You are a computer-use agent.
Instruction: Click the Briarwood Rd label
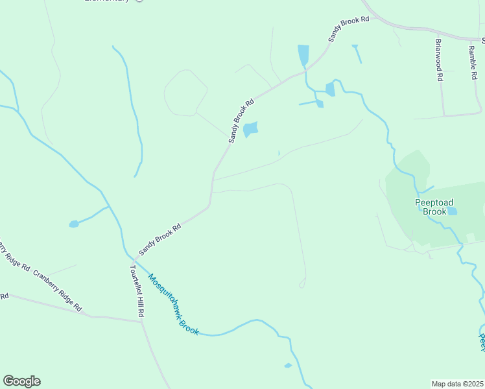(439, 59)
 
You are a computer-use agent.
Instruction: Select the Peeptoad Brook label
(431, 207)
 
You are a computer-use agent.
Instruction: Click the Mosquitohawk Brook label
(172, 304)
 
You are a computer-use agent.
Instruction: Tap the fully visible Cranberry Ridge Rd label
(58, 290)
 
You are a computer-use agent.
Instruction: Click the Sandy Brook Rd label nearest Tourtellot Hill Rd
(159, 241)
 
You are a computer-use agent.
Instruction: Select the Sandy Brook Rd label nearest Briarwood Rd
(348, 29)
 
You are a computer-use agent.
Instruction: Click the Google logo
(21, 381)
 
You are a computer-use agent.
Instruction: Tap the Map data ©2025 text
(457, 383)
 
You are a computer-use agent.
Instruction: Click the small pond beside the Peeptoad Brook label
(452, 211)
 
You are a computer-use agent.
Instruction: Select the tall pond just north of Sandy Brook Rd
(303, 55)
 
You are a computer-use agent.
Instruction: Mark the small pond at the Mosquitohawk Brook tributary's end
(74, 224)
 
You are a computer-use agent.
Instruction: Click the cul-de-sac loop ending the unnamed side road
(302, 283)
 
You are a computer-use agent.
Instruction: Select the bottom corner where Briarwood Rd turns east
(444, 115)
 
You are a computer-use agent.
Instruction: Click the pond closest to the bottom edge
(288, 366)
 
